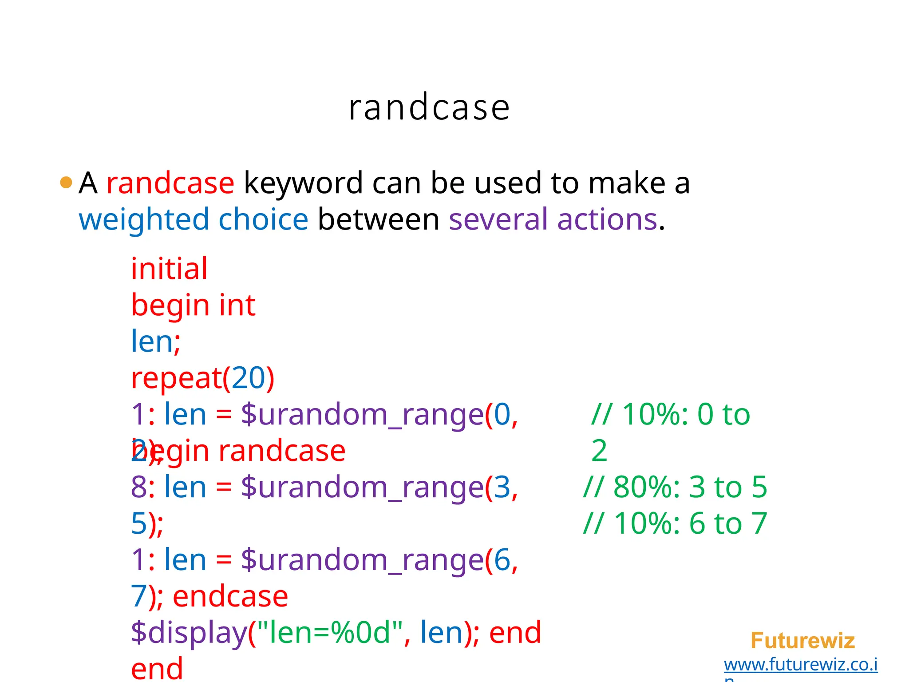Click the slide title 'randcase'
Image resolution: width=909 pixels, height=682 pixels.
point(429,108)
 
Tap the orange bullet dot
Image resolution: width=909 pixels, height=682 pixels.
point(66,182)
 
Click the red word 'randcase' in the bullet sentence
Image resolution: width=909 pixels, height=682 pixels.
point(170,183)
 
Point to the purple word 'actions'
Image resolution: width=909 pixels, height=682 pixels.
point(607,219)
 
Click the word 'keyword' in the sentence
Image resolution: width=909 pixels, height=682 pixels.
point(303,184)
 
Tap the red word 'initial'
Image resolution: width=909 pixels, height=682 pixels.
point(169,269)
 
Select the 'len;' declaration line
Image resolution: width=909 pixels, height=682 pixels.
point(156,341)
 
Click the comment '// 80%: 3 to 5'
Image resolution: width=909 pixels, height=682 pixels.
point(675,487)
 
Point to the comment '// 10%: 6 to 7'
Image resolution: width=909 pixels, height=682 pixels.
point(675,523)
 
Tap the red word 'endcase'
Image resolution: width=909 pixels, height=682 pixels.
point(230,596)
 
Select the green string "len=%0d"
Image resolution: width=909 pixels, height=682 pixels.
point(325,633)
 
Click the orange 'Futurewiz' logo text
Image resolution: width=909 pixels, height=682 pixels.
point(802,641)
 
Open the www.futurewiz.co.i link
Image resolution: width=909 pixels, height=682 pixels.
point(800,665)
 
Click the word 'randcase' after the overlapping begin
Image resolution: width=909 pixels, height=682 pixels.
point(282,451)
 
